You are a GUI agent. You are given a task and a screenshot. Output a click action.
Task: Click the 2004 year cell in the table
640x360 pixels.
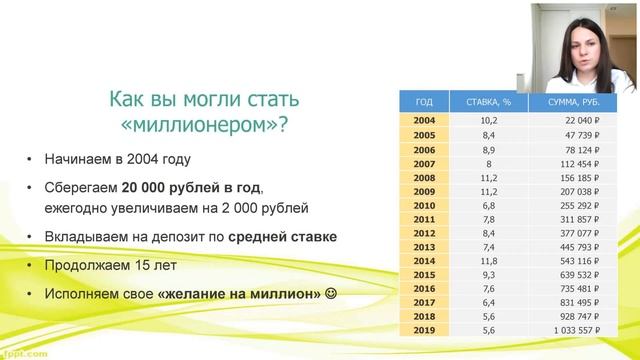423,121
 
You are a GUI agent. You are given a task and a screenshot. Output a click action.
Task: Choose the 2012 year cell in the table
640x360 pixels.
423,232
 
